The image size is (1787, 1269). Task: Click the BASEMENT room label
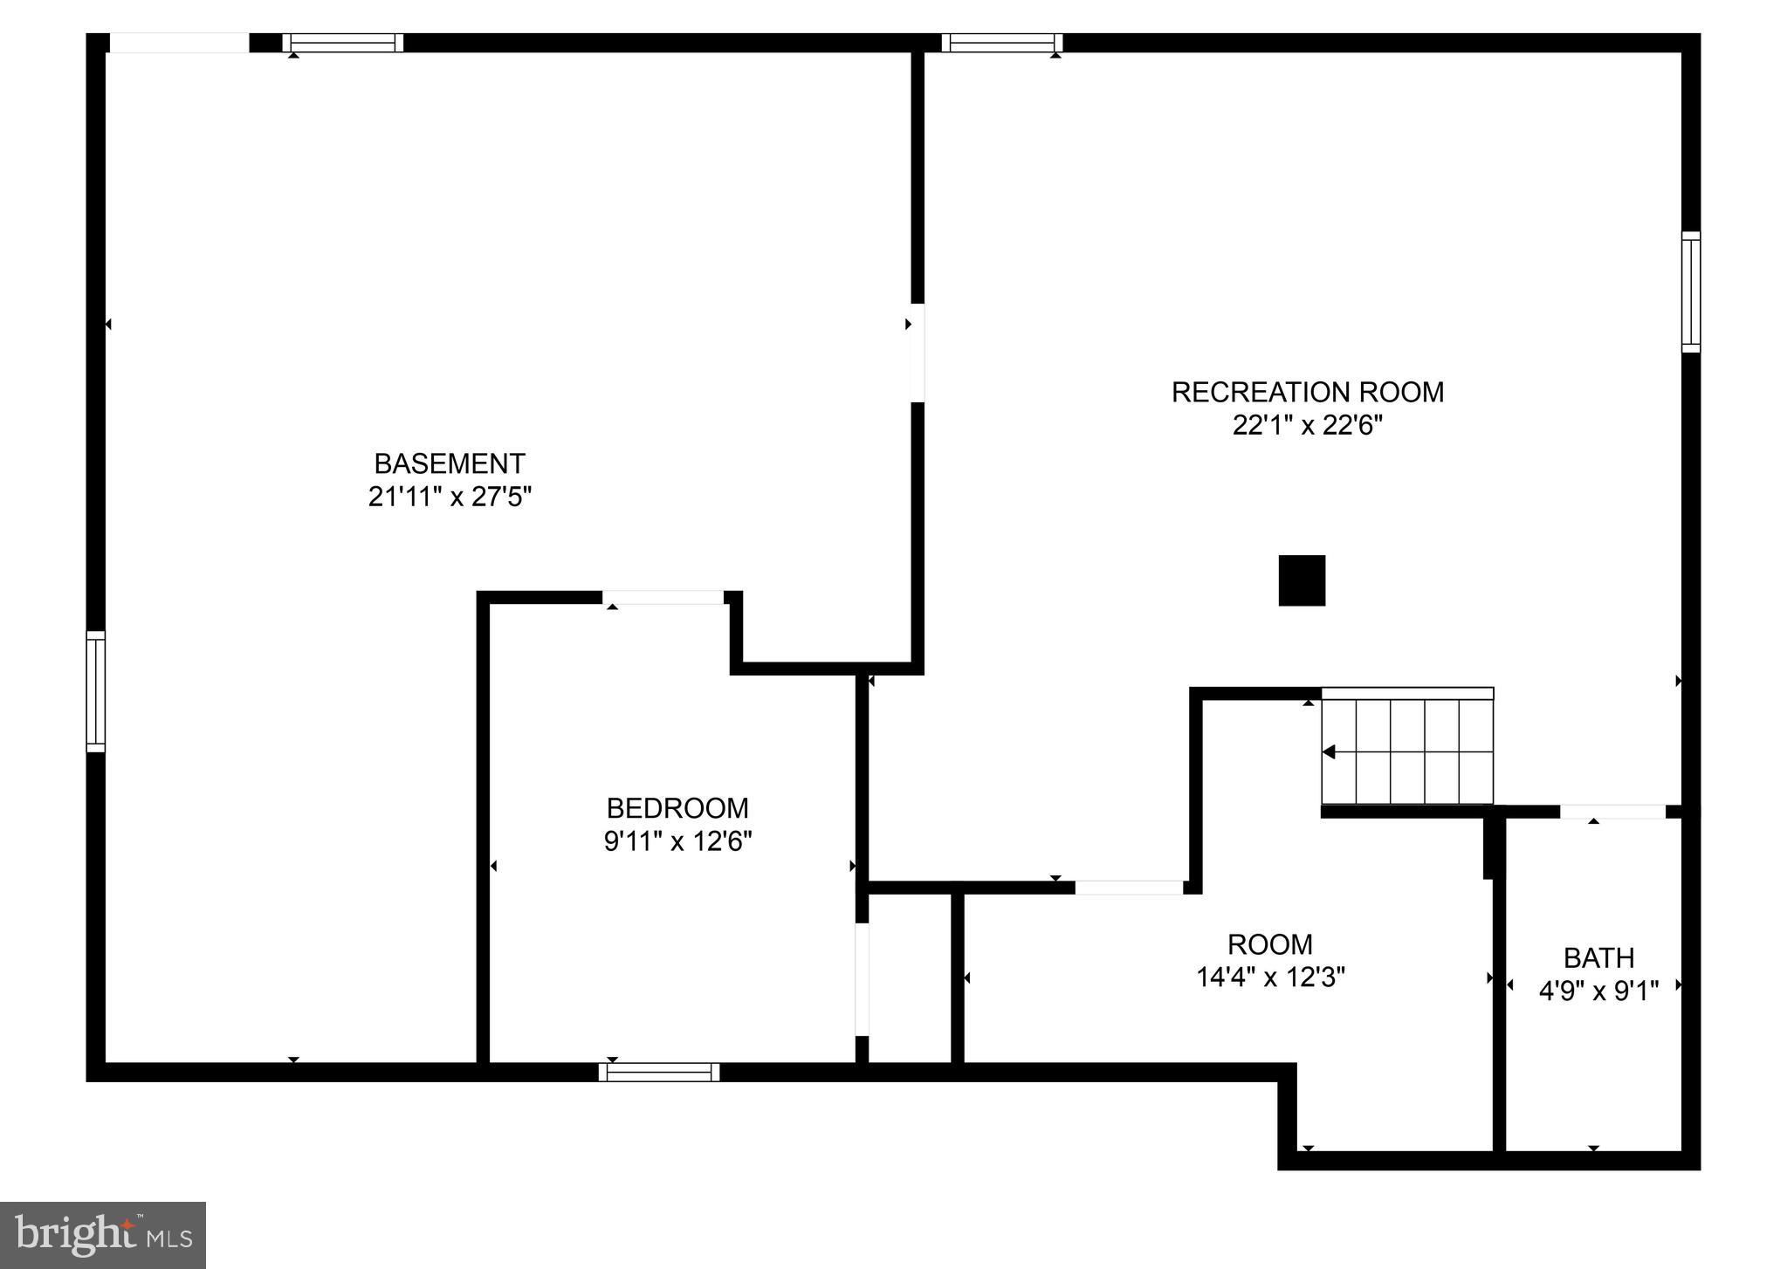click(450, 463)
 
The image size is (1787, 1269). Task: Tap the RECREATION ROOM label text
click(1307, 392)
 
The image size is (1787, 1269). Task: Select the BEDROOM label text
click(677, 807)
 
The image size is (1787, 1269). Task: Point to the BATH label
click(1598, 957)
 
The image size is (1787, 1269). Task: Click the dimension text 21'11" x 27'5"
click(450, 497)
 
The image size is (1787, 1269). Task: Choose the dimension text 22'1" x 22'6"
click(1307, 425)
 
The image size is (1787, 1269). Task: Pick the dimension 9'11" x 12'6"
click(677, 841)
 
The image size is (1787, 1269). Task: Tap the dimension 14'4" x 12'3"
click(1269, 977)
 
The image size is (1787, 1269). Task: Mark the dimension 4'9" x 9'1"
click(1598, 991)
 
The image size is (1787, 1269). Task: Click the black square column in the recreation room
click(1302, 580)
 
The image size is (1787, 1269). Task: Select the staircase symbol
click(1407, 747)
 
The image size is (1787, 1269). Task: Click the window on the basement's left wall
click(95, 691)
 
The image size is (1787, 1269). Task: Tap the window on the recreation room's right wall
click(1691, 292)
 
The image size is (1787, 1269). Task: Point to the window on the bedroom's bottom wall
click(659, 1072)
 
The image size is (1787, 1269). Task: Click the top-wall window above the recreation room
click(1002, 43)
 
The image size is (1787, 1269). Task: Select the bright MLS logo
click(103, 1235)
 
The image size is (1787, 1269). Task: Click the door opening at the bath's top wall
click(1612, 812)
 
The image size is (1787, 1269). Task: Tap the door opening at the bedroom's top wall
click(663, 598)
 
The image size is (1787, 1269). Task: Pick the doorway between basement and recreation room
click(917, 353)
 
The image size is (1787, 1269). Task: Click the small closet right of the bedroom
click(910, 977)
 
